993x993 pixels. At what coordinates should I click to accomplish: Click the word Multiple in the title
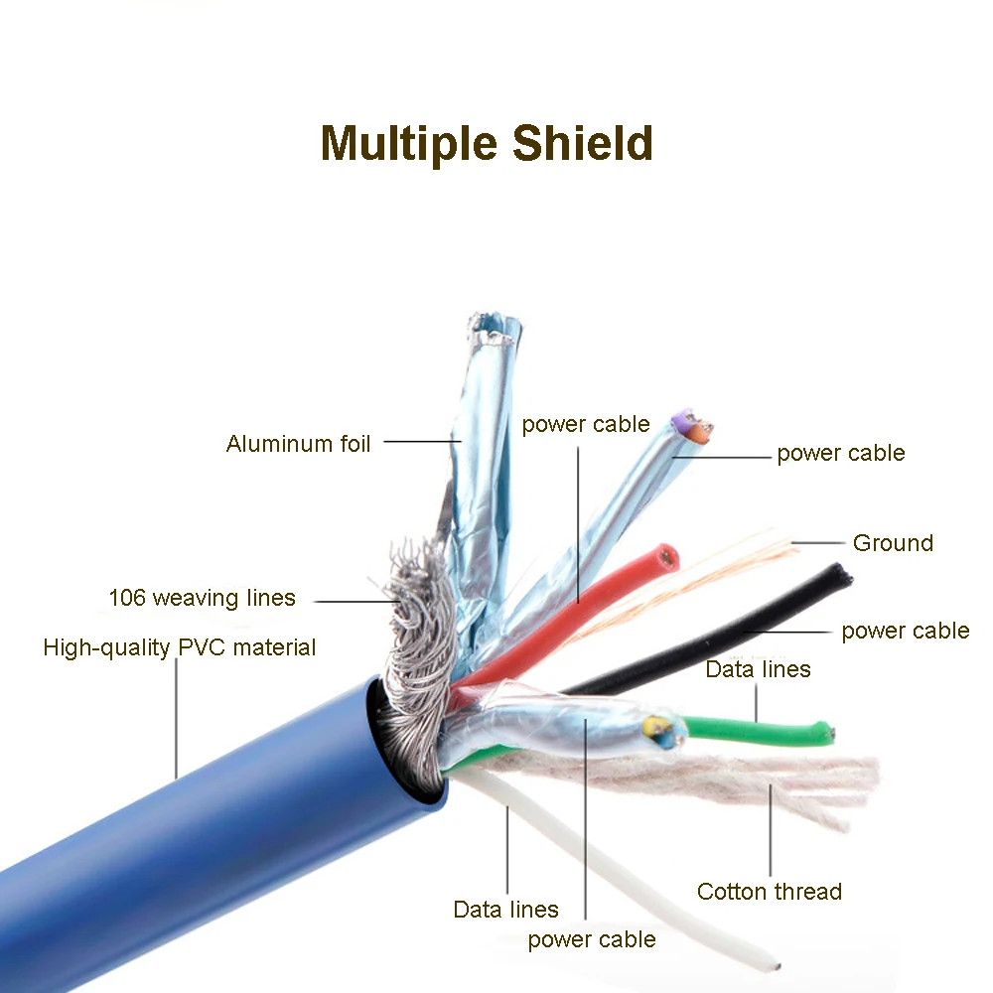410,143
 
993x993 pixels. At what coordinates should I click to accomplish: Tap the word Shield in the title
583,143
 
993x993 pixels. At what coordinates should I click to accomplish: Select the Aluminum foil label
298,444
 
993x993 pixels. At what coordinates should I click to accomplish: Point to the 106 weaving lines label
202,598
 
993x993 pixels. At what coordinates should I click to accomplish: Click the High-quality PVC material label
179,648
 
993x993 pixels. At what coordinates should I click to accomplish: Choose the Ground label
893,543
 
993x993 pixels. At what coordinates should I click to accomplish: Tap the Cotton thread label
769,892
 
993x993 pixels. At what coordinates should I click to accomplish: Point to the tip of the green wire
827,733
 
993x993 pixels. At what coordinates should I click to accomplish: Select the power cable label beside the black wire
905,631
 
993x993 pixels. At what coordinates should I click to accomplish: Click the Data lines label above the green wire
758,669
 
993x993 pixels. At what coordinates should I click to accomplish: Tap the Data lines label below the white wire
505,910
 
